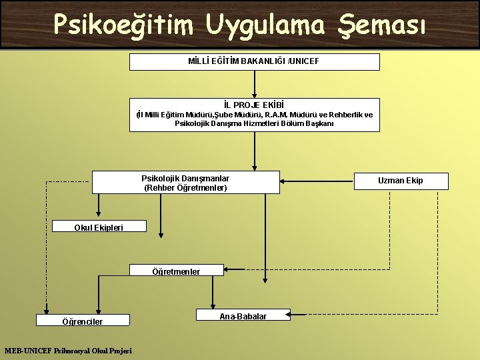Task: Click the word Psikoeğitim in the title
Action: coord(123,25)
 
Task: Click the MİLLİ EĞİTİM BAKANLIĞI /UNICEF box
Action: coord(254,62)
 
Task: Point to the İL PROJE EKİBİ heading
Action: coord(254,105)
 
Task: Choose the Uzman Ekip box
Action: coord(400,181)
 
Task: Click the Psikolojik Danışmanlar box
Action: coord(185,183)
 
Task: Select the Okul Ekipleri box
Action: coord(98,227)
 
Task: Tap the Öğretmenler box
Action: coord(176,271)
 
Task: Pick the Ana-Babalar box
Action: coord(243,316)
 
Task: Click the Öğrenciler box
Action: coord(82,321)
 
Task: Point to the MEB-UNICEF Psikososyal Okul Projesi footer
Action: coord(68,351)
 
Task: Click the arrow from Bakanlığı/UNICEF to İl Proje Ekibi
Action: coord(254,84)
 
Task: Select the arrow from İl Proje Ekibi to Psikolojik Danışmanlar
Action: coord(254,151)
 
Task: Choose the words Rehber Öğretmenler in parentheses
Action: coord(185,188)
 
